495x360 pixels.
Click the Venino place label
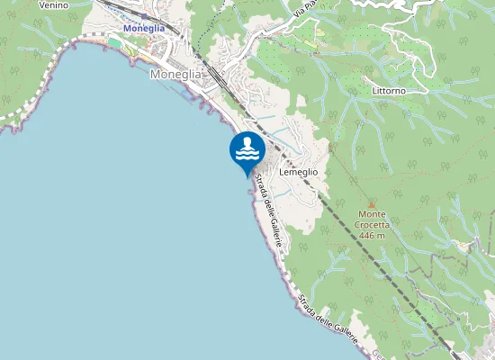tap(53, 4)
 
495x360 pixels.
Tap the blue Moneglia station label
tap(143, 28)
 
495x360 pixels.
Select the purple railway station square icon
tap(143, 16)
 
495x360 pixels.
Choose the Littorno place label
tap(390, 91)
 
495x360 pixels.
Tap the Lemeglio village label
tap(299, 171)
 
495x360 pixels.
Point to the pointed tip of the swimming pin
tap(247, 176)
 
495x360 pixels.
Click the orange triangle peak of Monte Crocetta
tap(371, 205)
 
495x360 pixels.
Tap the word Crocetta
tap(371, 226)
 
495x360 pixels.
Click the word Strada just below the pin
tap(260, 188)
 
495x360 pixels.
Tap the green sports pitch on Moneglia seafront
tap(114, 41)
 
